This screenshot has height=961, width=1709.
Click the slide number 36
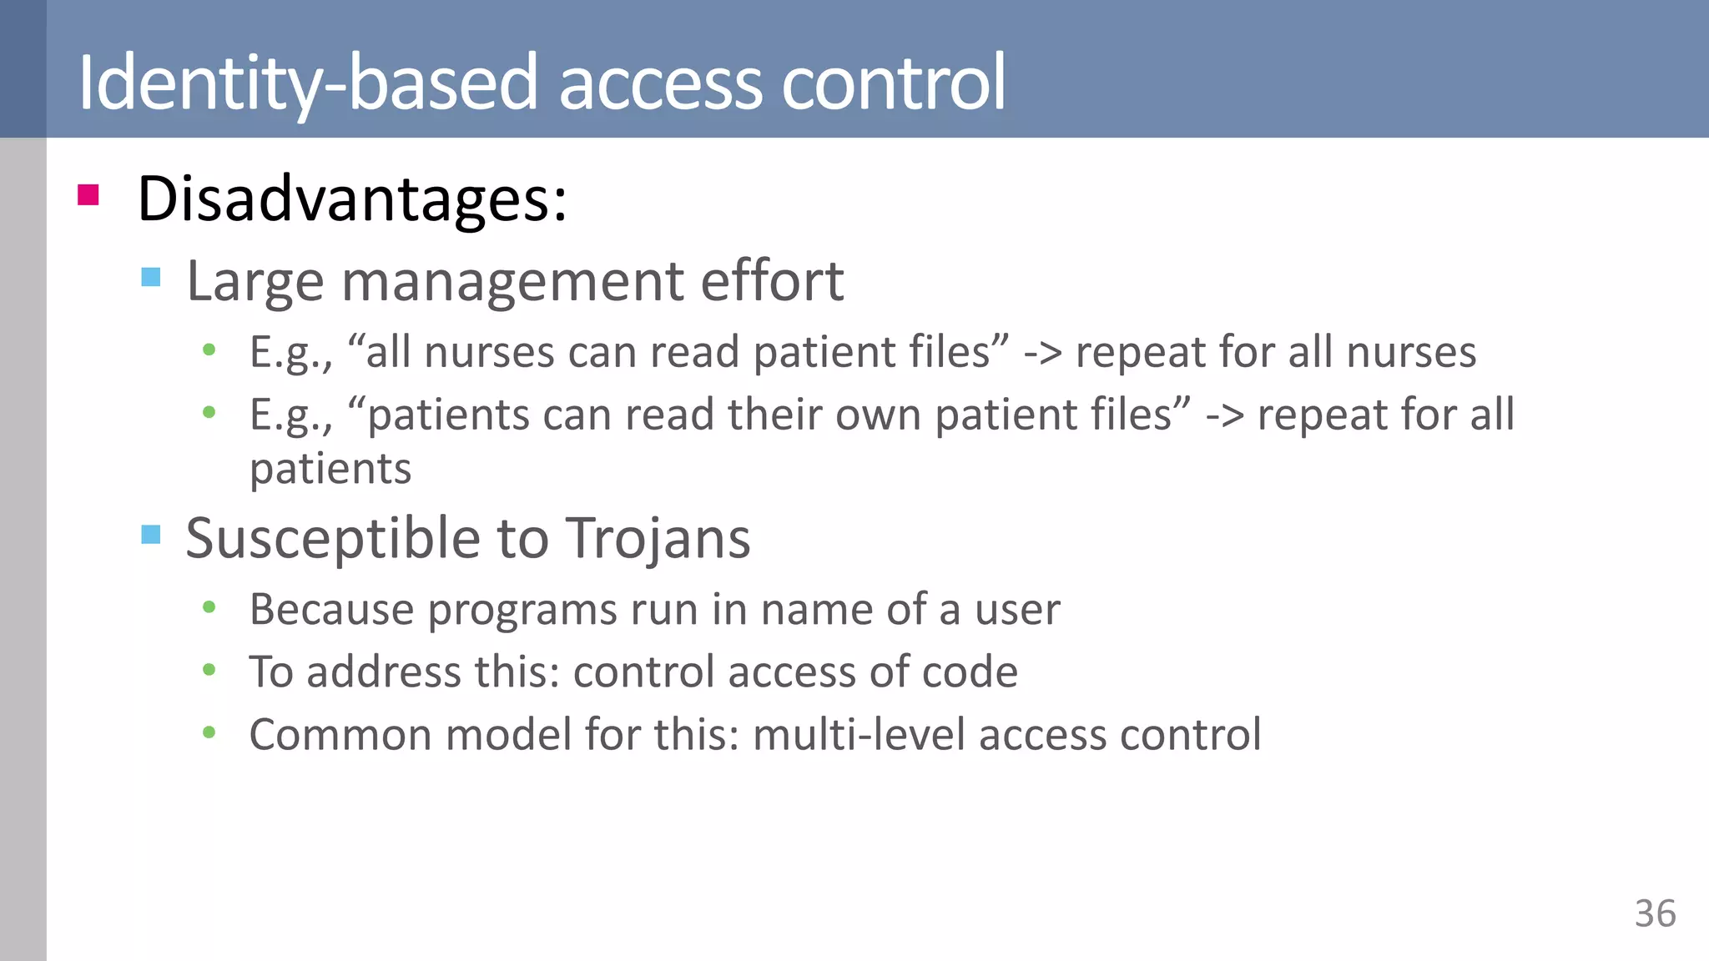[1655, 913]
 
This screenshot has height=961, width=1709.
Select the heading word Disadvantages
[351, 199]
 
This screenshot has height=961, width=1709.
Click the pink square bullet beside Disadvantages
[88, 195]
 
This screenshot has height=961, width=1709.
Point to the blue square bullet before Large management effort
[151, 277]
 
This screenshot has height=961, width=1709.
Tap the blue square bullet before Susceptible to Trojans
[151, 534]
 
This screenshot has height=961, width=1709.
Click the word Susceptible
[332, 539]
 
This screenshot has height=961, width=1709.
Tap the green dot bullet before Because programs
[209, 608]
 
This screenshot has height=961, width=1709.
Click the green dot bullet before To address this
[209, 670]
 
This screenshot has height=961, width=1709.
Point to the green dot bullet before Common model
[209, 733]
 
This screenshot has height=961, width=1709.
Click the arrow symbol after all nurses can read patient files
[1042, 352]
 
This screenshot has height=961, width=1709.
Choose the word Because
[331, 610]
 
